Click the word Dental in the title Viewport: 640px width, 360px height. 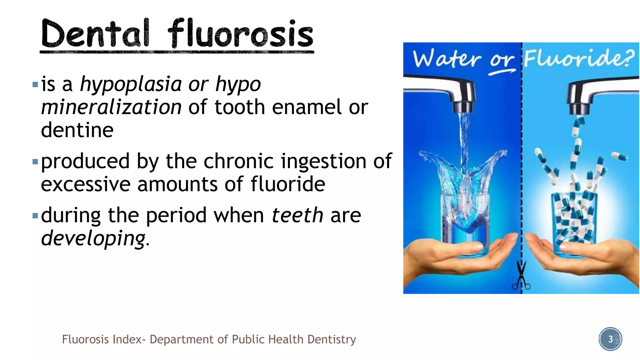click(x=95, y=33)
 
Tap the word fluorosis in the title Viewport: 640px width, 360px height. click(x=240, y=33)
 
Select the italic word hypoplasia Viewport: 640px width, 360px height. click(x=131, y=84)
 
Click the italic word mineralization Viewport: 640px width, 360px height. click(x=111, y=107)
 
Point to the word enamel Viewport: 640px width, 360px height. click(x=307, y=107)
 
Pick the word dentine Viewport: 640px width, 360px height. click(x=77, y=130)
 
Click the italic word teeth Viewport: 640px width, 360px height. click(x=297, y=215)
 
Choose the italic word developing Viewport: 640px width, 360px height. click(x=93, y=238)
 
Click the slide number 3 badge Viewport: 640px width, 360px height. click(x=610, y=339)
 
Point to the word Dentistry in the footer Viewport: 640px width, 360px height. click(x=332, y=339)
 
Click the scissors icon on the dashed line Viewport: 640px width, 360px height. click(x=521, y=277)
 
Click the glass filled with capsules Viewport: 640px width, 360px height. click(x=574, y=222)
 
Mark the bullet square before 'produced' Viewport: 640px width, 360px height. click(x=35, y=162)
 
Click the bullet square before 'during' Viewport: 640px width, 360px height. click(x=35, y=216)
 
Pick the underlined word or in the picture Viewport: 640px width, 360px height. click(x=502, y=60)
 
